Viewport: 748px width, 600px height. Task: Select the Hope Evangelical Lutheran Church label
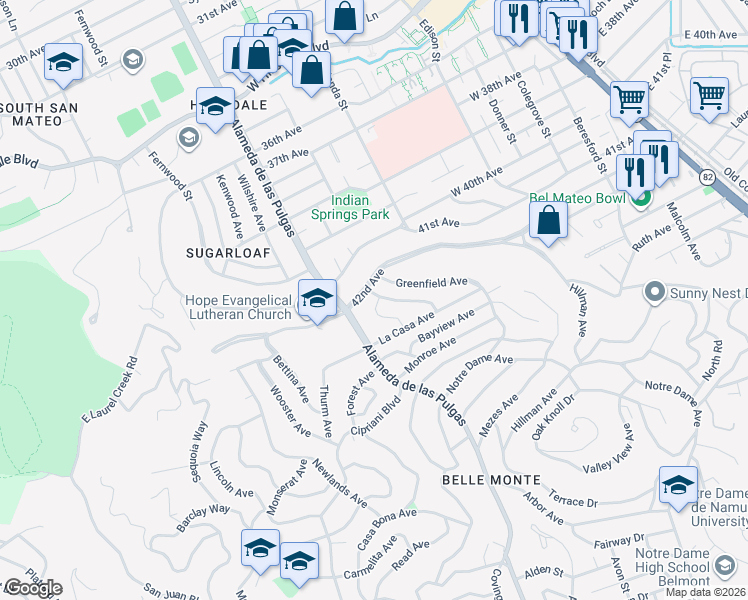click(x=237, y=306)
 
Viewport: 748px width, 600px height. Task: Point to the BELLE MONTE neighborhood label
click(x=491, y=480)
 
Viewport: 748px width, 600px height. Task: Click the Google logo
click(x=32, y=588)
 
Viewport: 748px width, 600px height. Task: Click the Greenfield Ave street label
click(x=431, y=283)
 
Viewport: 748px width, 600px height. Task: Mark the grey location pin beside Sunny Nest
click(x=655, y=293)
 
